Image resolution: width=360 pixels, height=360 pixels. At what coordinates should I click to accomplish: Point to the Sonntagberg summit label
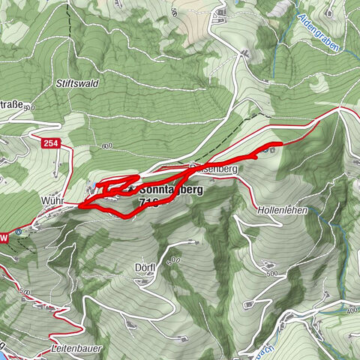click(x=171, y=190)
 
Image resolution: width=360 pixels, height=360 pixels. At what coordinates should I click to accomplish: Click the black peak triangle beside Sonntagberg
click(x=132, y=188)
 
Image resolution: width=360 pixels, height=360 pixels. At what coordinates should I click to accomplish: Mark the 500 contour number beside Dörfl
click(x=174, y=259)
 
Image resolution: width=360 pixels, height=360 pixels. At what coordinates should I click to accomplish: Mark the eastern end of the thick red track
click(x=281, y=143)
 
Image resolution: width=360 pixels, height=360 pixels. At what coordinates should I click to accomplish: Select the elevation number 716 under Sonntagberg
click(x=148, y=203)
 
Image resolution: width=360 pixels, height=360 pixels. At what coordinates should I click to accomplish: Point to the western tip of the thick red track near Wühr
click(x=77, y=202)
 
